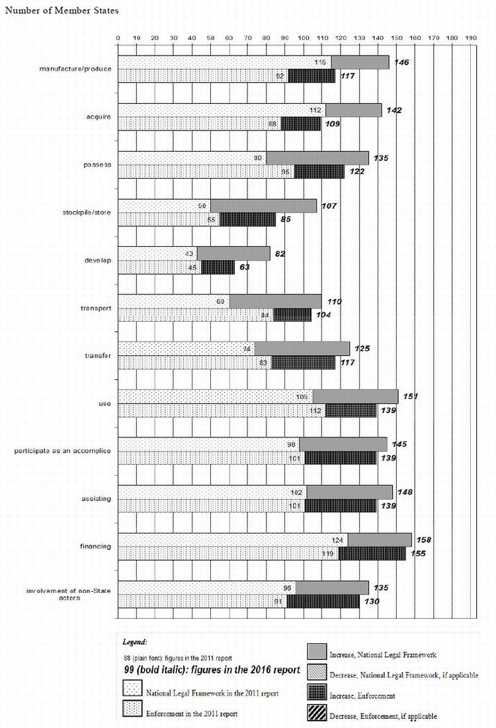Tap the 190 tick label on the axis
point(470,38)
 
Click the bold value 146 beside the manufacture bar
point(401,62)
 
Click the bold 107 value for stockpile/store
point(329,206)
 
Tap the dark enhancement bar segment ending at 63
point(218,267)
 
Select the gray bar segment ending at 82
point(233,253)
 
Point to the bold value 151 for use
point(411,396)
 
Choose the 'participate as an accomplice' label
point(63,451)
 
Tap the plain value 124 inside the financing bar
point(338,539)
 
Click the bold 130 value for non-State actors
point(372,601)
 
